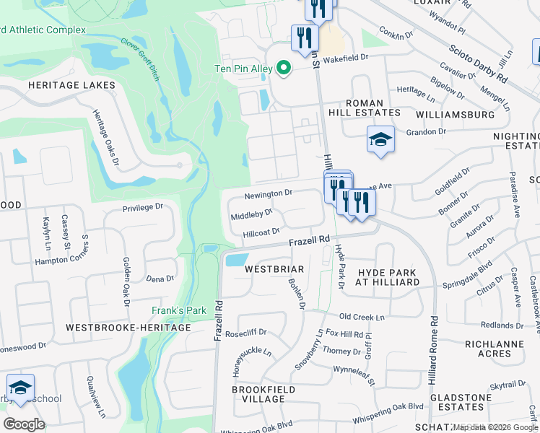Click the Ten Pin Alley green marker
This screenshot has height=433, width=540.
click(284, 69)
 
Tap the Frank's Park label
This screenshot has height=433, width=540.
click(179, 311)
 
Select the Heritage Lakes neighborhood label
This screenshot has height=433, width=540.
click(71, 85)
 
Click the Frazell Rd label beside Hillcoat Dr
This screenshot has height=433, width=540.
click(310, 240)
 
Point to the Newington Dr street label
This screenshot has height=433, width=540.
click(267, 193)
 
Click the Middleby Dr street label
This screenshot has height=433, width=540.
click(251, 214)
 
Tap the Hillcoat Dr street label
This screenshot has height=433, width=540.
click(261, 233)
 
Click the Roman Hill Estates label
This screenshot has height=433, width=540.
click(374, 108)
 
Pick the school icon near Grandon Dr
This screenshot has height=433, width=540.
click(380, 140)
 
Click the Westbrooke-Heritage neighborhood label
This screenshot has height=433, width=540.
click(128, 328)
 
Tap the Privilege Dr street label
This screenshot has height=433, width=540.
click(143, 207)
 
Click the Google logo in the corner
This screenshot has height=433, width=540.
click(24, 424)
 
